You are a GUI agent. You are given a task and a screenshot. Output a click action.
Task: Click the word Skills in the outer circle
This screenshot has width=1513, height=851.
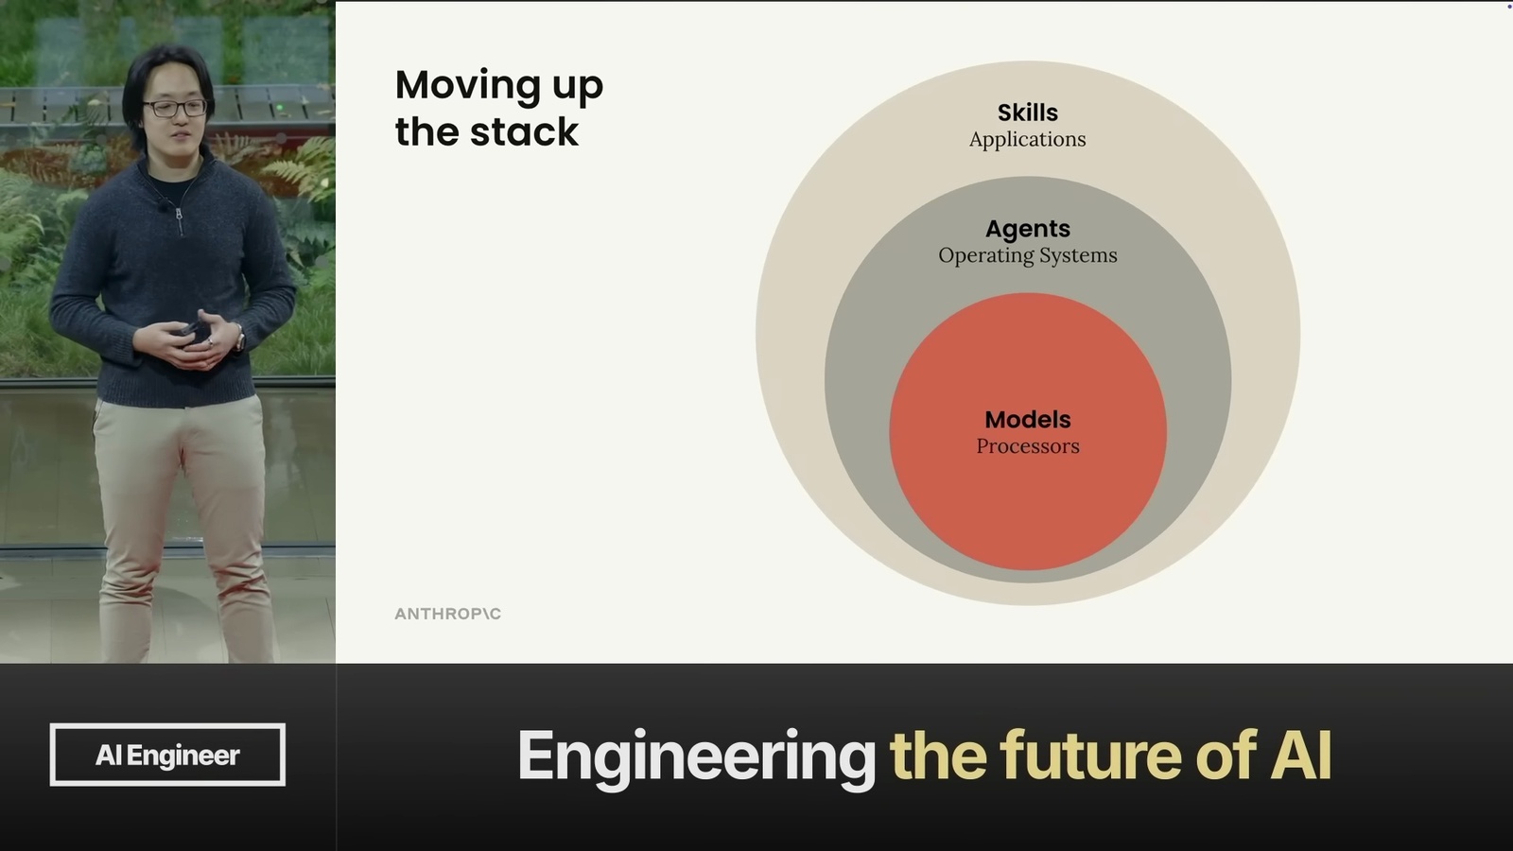tap(1027, 113)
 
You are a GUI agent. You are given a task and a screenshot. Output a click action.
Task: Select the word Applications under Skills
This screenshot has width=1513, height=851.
tap(1027, 139)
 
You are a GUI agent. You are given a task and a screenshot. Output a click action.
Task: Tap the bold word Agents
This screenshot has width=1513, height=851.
tap(1027, 229)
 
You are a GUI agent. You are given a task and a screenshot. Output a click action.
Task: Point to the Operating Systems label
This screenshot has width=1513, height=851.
tap(1027, 255)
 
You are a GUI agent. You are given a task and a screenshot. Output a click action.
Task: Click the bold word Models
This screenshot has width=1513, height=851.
tap(1027, 420)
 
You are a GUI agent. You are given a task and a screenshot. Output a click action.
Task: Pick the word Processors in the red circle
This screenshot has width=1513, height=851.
tap(1027, 445)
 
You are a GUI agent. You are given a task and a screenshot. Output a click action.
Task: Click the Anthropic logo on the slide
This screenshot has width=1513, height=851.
tap(448, 614)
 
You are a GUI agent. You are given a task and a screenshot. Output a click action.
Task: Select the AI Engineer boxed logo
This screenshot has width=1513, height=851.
tap(167, 755)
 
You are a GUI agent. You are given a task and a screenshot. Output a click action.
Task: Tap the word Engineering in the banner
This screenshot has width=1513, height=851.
tap(696, 757)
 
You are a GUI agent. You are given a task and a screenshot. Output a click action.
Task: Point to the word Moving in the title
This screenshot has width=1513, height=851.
tap(467, 86)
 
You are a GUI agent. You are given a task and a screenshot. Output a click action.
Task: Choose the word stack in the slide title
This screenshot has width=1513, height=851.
tap(524, 131)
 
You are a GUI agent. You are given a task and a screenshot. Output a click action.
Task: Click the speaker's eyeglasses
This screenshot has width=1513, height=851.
tap(175, 108)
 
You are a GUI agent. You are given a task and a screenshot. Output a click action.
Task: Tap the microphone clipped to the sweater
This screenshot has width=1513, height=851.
tap(163, 202)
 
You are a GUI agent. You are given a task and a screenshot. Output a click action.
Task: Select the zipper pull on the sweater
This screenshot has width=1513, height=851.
tap(180, 220)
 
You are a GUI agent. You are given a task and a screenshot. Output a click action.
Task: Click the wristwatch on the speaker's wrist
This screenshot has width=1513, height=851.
tap(239, 337)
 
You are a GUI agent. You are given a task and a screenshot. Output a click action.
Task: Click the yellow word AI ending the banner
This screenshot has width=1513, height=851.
tap(1301, 755)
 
